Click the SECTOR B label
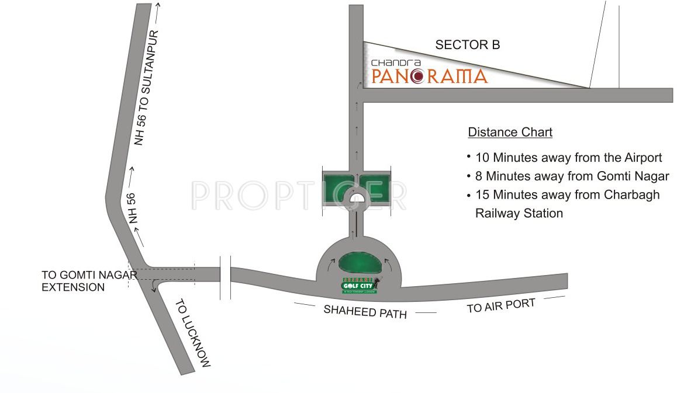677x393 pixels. [468, 45]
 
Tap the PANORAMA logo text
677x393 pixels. [429, 76]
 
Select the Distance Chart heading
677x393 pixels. [510, 132]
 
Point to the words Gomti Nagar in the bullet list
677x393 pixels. [633, 176]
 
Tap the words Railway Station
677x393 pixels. [519, 213]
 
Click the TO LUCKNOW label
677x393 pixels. [192, 333]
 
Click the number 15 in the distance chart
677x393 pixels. [483, 194]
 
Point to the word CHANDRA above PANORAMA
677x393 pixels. [392, 61]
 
